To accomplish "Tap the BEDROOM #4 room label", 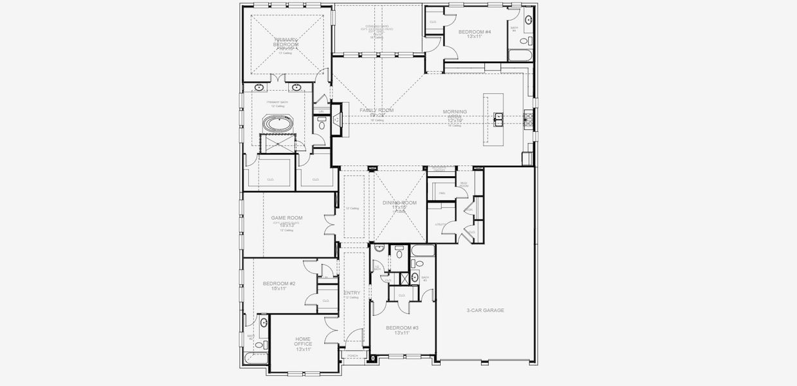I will [x=475, y=32].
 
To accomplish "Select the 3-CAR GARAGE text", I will [x=485, y=310].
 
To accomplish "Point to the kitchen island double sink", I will [x=499, y=117].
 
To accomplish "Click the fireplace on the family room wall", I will [x=337, y=120].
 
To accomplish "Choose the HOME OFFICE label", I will [x=303, y=341].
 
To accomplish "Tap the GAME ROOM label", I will [x=286, y=218].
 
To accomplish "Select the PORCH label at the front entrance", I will [x=353, y=356].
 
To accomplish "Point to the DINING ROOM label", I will [x=399, y=203].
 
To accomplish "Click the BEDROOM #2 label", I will [x=279, y=283].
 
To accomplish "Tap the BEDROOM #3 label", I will [x=402, y=327].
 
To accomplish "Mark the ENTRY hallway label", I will [x=352, y=293].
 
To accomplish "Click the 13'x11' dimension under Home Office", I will [x=303, y=349].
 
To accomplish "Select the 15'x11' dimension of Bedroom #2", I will [x=279, y=289].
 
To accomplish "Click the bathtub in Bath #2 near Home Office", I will [x=253, y=359].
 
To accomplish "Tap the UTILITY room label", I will [x=440, y=225].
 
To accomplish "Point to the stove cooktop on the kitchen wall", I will [x=527, y=118].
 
